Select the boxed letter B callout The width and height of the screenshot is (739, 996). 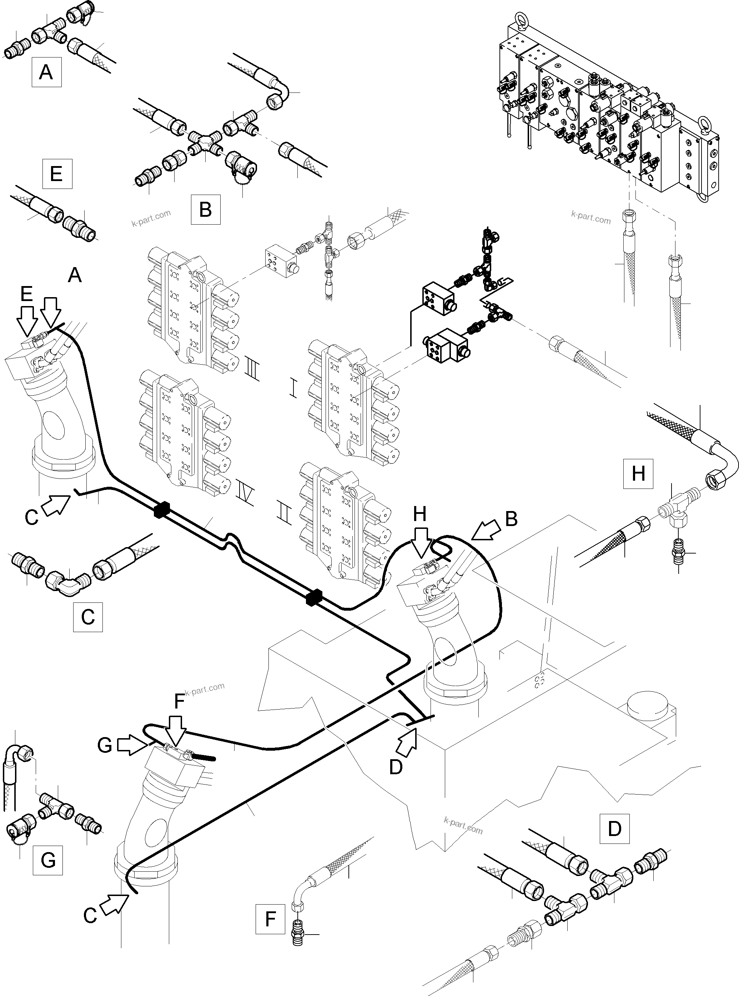(x=205, y=209)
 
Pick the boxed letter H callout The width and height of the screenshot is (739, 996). (x=638, y=473)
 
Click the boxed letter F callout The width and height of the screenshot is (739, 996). (x=270, y=919)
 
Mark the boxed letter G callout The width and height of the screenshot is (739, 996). (x=48, y=860)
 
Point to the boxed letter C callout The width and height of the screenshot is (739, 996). (x=88, y=617)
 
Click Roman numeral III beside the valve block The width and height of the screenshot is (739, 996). (x=252, y=367)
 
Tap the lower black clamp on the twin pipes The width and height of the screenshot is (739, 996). (x=315, y=598)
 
